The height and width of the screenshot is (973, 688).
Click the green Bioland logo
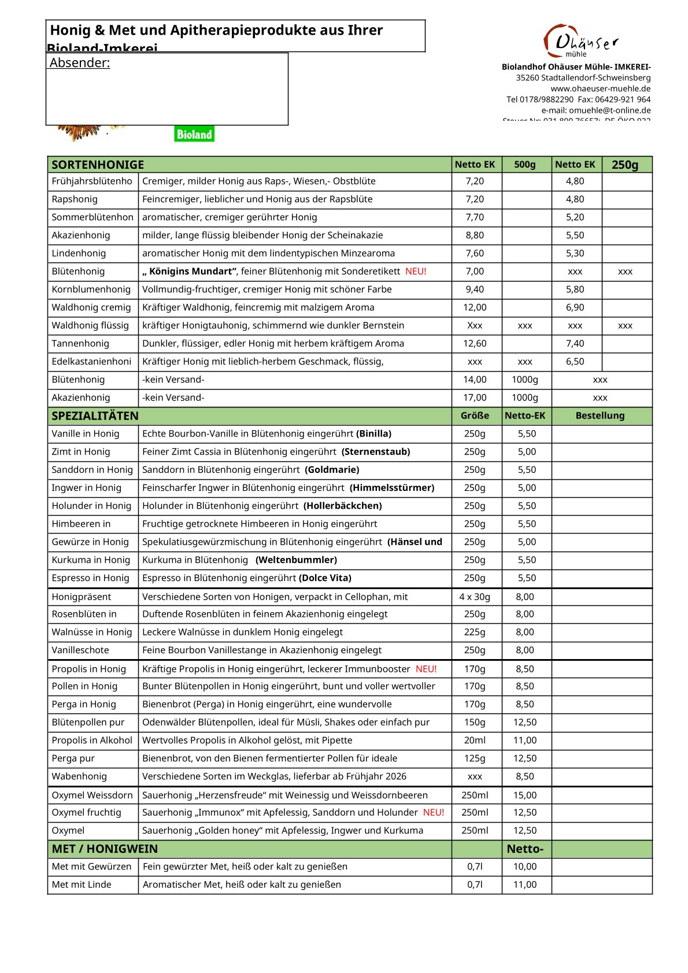click(x=194, y=134)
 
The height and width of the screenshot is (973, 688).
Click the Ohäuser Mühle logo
click(x=580, y=41)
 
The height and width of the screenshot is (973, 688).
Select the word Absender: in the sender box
click(x=80, y=63)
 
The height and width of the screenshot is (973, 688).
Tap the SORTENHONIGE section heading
click(x=98, y=165)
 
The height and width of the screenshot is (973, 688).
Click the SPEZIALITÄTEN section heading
click(x=95, y=416)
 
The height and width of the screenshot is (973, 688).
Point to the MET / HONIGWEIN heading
click(x=105, y=849)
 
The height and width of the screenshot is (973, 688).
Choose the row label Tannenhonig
click(x=80, y=343)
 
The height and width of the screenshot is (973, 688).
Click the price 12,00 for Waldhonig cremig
click(x=475, y=308)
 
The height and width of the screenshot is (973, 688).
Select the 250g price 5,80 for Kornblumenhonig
click(x=575, y=289)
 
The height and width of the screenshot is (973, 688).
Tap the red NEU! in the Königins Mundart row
click(x=416, y=271)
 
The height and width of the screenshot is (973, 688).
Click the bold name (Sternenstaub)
click(x=376, y=452)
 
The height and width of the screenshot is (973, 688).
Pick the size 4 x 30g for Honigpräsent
click(x=475, y=597)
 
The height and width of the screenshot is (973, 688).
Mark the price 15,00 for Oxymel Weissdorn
click(x=525, y=795)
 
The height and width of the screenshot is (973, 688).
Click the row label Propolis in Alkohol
click(x=92, y=740)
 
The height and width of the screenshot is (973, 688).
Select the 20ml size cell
click(x=475, y=740)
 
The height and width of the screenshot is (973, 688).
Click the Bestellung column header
click(x=600, y=416)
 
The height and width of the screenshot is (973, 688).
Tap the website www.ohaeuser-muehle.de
click(x=600, y=88)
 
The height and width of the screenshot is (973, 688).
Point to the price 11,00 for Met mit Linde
click(x=525, y=885)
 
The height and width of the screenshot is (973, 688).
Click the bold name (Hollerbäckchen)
click(x=343, y=506)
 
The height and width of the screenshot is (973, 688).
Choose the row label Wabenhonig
click(x=79, y=776)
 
